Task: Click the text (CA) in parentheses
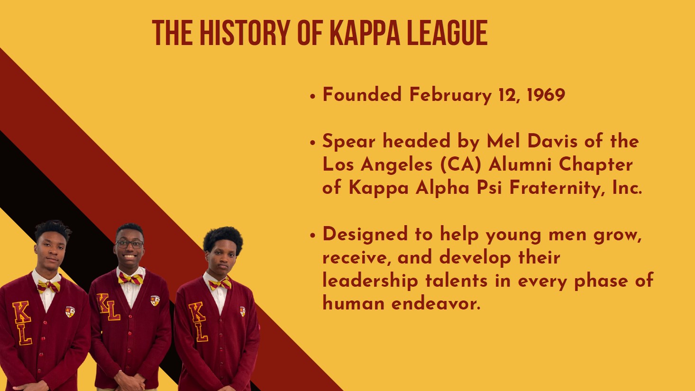point(460,164)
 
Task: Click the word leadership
point(370,281)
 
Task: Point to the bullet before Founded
point(312,96)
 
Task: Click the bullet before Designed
point(312,236)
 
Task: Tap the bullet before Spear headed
point(312,143)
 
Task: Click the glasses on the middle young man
point(130,244)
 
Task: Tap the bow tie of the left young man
point(48,287)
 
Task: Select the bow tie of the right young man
point(220,284)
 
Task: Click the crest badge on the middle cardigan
point(155,300)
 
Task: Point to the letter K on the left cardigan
point(22,312)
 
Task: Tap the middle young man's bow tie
point(131,279)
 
